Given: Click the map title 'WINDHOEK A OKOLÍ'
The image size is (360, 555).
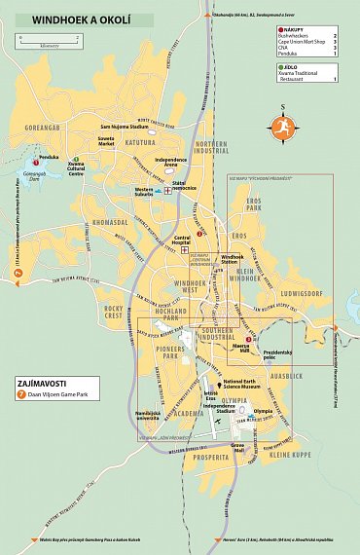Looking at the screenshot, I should pyautogui.click(x=78, y=19).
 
